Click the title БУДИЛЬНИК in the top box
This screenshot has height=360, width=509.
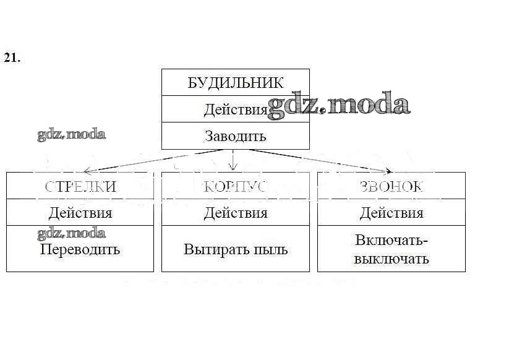coord(235,83)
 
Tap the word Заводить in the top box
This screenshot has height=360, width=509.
coord(235,136)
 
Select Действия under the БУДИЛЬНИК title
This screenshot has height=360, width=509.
coord(235,110)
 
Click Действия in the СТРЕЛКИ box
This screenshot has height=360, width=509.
coord(80,213)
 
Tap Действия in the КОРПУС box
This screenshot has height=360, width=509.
coord(236,213)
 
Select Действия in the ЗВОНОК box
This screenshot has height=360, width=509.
coord(391,213)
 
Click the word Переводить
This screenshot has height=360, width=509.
coord(80,250)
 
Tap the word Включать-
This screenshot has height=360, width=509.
coord(391,241)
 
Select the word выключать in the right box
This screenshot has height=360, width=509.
coord(391,259)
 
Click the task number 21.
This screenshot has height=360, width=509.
coord(12,58)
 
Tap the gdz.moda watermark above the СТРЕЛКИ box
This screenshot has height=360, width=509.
coord(71,134)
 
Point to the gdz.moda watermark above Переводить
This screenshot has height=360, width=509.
coord(71,233)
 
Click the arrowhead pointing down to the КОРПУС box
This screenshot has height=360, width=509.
coord(233,166)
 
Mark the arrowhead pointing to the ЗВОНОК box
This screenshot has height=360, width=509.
coord(388,171)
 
